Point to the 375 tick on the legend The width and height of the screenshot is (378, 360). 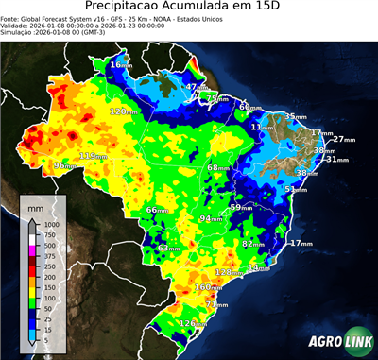45,255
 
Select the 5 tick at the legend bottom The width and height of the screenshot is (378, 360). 43,338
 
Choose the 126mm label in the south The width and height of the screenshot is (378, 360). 192,324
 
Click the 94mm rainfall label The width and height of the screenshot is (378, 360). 209,218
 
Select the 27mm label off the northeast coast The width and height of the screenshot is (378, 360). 343,139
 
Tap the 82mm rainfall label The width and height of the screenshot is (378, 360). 252,244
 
